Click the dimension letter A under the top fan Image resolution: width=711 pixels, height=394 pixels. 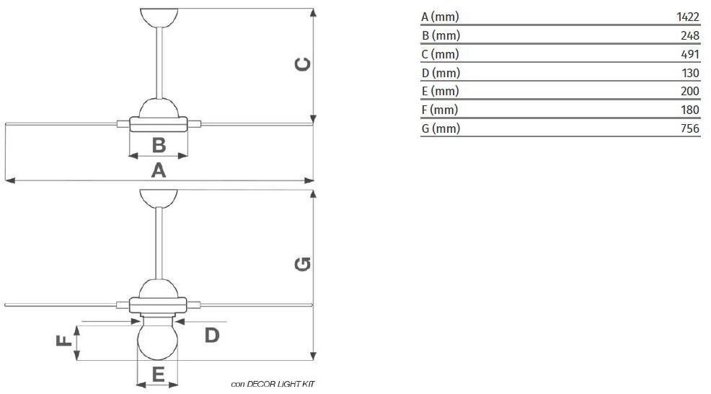point(158,171)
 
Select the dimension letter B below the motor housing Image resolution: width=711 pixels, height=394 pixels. point(159,145)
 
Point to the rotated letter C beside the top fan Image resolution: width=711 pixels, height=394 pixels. point(302,64)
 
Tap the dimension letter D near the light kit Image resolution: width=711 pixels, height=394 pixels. point(212,336)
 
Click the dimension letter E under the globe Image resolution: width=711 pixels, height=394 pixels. point(158,375)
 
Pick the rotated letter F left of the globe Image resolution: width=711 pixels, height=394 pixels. point(64,341)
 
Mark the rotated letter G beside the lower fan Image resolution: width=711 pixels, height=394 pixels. point(302,263)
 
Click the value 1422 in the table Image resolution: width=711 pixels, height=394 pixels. point(688,17)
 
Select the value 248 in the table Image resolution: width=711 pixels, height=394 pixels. point(690,35)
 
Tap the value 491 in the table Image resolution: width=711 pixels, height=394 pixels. point(690,54)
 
